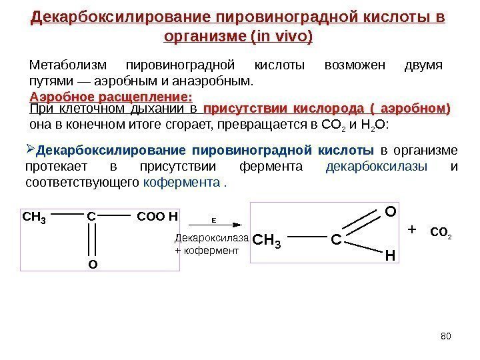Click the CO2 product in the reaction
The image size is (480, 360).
point(441,233)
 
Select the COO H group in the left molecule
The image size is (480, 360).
point(158,217)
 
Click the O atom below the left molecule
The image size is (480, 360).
point(93,265)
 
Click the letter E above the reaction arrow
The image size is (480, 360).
point(214,219)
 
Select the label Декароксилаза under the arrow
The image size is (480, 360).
point(211,238)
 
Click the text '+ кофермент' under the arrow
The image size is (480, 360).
point(206,251)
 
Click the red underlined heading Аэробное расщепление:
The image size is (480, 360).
point(107,96)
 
